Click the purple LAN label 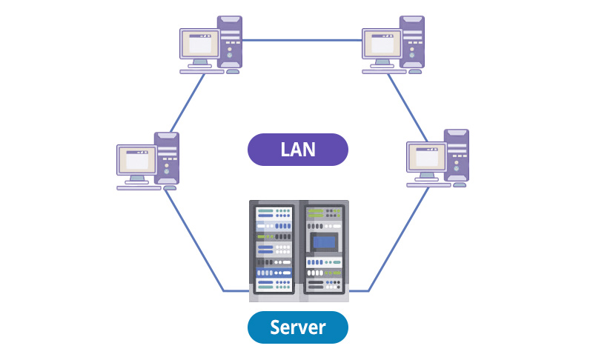point(298,150)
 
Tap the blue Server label point(298,327)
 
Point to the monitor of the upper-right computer point(381,44)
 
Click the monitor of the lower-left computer point(136,160)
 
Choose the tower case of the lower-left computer point(167,158)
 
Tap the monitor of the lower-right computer point(425,158)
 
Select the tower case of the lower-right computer point(457,156)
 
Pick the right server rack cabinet point(325,248)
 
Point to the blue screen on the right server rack point(324,241)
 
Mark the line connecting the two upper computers point(302,40)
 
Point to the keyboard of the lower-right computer point(428,184)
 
